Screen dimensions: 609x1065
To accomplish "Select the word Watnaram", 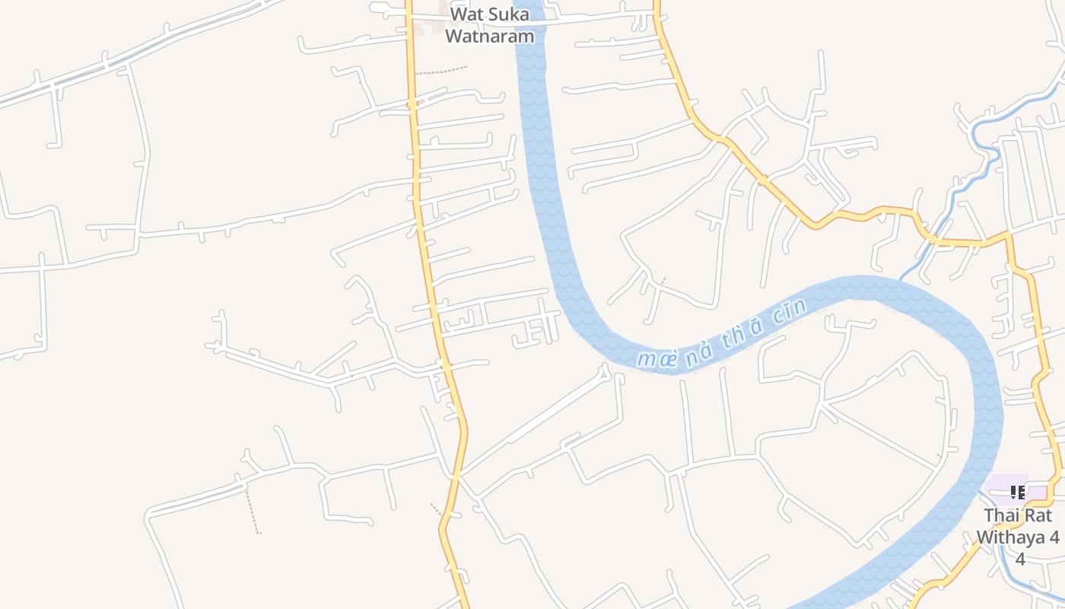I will click(489, 36).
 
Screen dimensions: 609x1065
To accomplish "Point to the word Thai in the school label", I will click(1001, 515).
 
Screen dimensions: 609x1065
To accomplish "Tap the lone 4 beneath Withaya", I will click(1020, 560).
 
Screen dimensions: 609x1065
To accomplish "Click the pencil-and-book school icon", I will click(1017, 493).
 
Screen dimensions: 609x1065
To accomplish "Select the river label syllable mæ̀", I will click(656, 357).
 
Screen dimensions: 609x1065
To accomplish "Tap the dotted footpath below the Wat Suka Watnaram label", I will click(441, 72).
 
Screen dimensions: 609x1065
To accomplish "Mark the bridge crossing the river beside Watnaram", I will click(530, 21).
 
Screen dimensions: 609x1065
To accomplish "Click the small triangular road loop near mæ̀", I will click(605, 372).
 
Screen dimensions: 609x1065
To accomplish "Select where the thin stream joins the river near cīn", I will click(902, 277).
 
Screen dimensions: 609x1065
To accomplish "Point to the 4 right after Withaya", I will click(1054, 537).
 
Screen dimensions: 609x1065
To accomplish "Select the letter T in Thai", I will click(989, 515).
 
